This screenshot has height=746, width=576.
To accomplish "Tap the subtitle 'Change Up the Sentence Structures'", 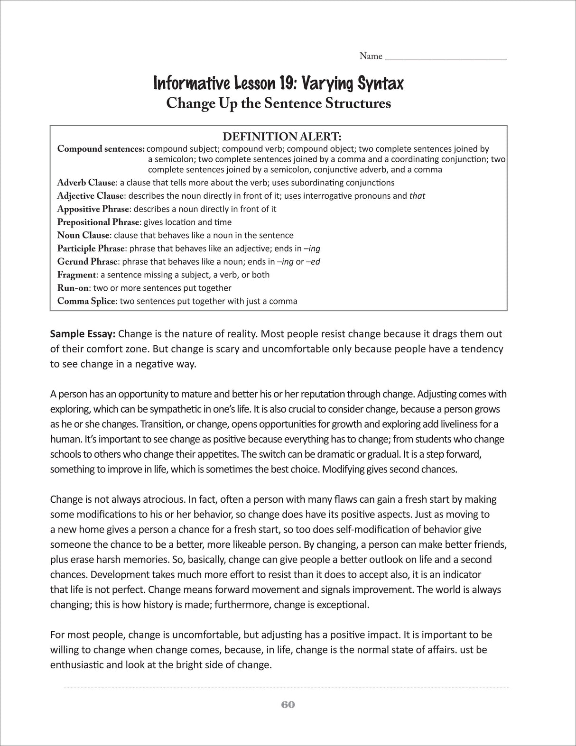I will coord(279,103).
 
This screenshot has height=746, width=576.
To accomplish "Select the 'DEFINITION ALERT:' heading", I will coord(282,137).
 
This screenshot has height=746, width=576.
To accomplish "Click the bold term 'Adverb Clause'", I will coord(86,183).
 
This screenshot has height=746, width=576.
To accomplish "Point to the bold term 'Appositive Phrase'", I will coord(93,209).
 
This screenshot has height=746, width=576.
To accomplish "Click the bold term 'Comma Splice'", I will coord(86,301).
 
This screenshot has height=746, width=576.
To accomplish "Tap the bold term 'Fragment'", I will coord(77,275).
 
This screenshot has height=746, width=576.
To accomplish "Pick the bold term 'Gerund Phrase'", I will coord(87,261).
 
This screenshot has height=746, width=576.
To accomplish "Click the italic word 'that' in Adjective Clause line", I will coord(417,196).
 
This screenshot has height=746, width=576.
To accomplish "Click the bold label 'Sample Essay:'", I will coord(83,334).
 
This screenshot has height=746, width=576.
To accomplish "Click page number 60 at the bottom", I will coord(288,705).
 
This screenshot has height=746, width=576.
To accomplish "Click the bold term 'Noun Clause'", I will coord(83,235).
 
